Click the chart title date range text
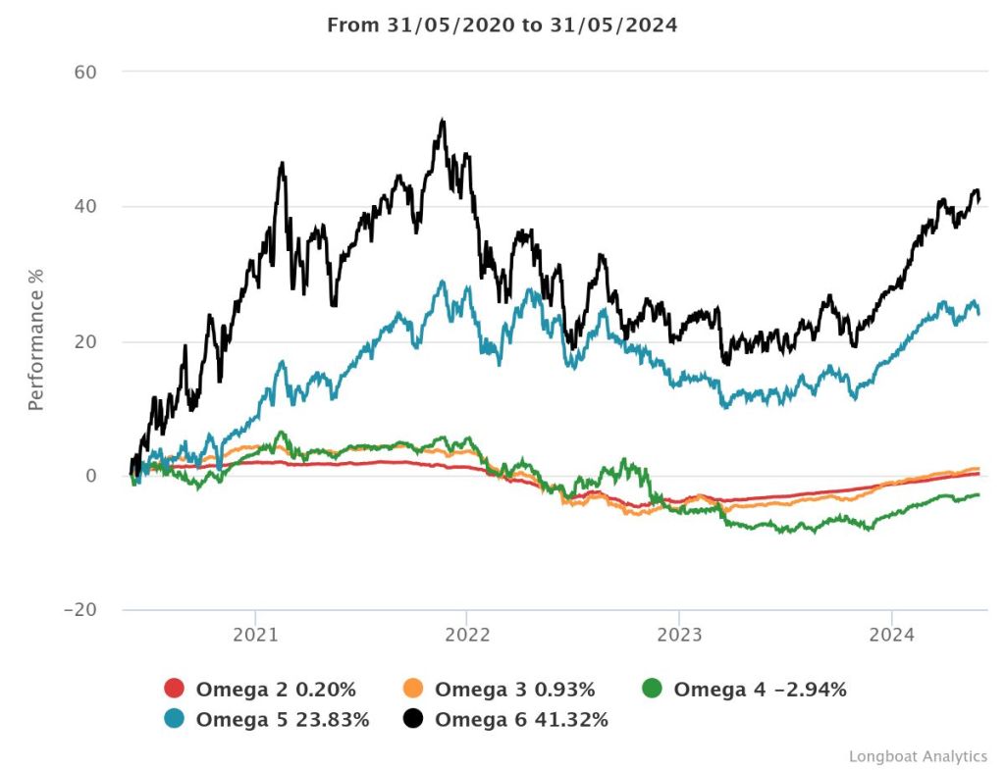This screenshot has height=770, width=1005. click(502, 26)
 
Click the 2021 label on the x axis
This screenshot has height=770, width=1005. click(255, 634)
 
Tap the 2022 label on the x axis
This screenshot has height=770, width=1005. click(467, 634)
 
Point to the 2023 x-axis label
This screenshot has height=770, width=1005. click(679, 634)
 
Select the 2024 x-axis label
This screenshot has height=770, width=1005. click(891, 634)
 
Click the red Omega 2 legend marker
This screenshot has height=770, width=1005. click(175, 690)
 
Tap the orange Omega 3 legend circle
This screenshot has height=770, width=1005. click(414, 690)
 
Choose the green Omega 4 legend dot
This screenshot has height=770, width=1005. click(653, 690)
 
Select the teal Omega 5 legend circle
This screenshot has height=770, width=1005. click(175, 720)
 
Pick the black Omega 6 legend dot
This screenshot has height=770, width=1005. click(414, 720)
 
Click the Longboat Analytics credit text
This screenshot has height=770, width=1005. click(918, 756)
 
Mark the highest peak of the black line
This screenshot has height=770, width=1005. click(444, 121)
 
